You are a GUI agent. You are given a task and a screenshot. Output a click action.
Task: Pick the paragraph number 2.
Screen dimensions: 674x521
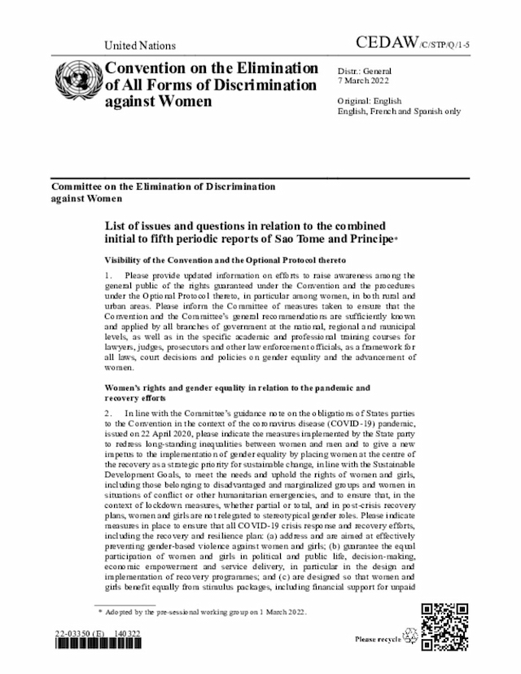pos(107,414)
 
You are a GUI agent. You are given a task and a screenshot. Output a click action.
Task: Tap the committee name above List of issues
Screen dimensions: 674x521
pos(163,192)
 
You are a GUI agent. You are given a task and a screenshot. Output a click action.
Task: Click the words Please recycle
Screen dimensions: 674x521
pos(378,640)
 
